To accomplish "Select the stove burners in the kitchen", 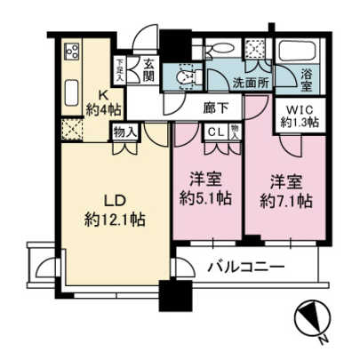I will coord(72,53).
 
